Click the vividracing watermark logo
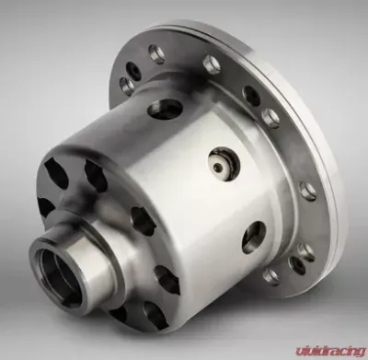pos(330,351)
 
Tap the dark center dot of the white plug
pos(218,167)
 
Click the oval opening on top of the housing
pos(165,110)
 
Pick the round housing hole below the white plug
pos(254,238)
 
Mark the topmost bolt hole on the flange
pos(156,54)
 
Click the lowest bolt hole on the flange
pos(271,276)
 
